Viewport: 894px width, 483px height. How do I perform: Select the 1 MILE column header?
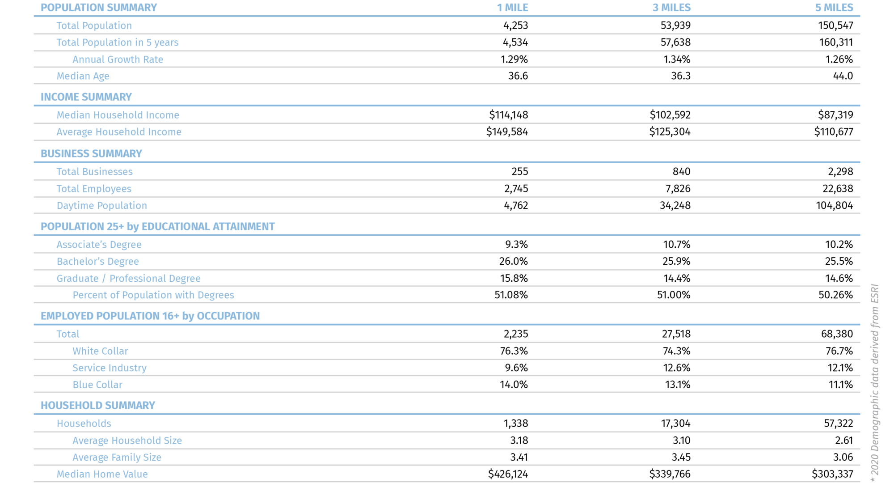512,8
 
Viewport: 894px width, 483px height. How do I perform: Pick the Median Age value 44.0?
843,76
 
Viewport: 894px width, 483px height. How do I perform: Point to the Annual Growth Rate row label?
118,59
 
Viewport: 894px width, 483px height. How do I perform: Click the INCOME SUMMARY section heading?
86,97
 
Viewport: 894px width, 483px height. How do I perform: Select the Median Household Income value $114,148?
508,115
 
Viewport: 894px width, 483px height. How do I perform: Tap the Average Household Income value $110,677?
833,132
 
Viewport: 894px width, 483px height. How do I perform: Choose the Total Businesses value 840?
681,172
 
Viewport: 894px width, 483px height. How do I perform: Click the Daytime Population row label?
101,206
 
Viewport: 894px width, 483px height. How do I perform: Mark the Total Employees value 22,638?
837,189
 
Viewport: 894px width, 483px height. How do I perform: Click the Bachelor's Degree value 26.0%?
513,261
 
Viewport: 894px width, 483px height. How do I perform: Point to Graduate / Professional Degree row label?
128,279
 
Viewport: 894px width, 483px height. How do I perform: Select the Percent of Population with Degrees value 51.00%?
673,295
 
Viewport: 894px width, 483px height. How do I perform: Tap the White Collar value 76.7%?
839,351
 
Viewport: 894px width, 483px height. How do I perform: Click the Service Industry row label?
109,368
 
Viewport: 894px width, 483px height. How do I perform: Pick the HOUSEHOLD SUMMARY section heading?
97,406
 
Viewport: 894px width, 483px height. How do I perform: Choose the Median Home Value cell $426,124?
508,474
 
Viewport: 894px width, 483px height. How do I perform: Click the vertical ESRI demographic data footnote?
875,382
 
